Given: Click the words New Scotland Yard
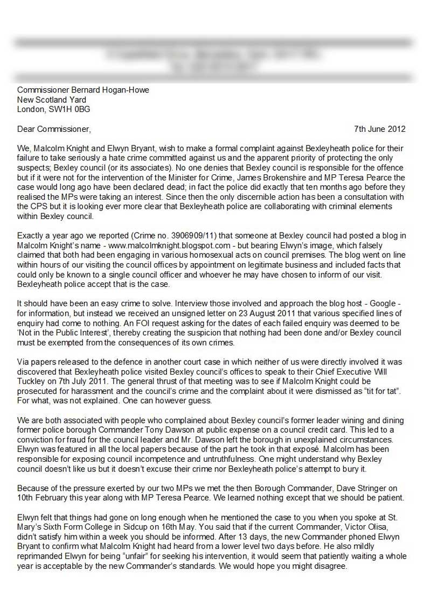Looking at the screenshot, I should point(52,100).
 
